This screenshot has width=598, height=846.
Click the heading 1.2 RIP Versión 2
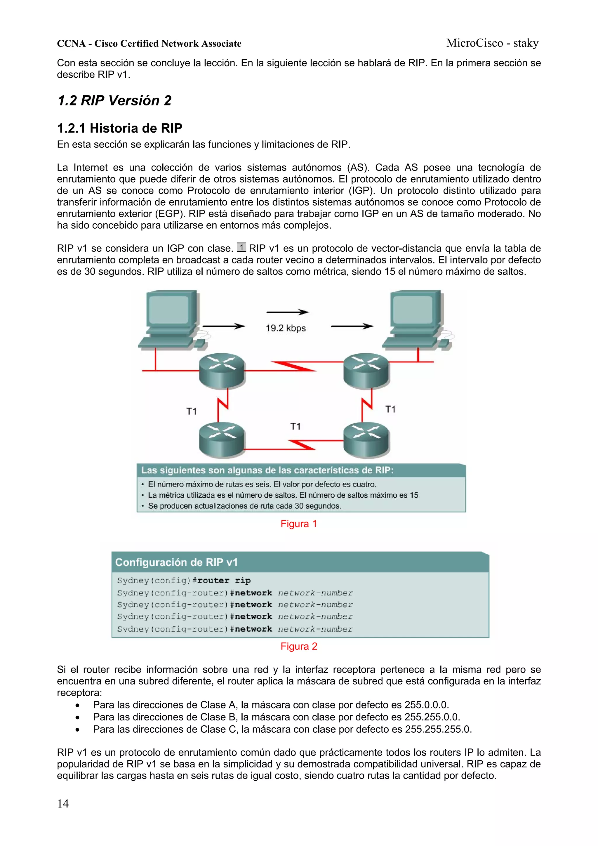pyautogui.click(x=114, y=100)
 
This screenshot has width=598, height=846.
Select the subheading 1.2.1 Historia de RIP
pyautogui.click(x=119, y=128)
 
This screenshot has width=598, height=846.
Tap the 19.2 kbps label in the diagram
pyautogui.click(x=286, y=328)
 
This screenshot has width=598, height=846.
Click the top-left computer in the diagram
pyautogui.click(x=171, y=320)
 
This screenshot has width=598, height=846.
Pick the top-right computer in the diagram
pyautogui.click(x=416, y=320)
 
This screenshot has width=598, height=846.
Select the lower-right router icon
pyautogui.click(x=366, y=439)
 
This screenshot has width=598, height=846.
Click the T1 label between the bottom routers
pyautogui.click(x=295, y=426)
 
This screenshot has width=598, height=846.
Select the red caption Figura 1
pyautogui.click(x=298, y=524)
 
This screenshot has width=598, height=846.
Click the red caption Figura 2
pyautogui.click(x=298, y=646)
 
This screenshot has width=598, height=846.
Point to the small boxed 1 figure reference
pyautogui.click(x=241, y=247)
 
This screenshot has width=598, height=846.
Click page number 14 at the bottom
pyautogui.click(x=63, y=804)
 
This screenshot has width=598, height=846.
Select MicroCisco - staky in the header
pyautogui.click(x=492, y=43)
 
